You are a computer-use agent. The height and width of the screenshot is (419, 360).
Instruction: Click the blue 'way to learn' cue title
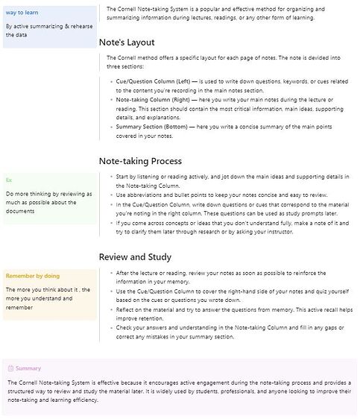[x=22, y=13]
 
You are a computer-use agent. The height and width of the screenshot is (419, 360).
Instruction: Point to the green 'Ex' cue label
[x=9, y=180]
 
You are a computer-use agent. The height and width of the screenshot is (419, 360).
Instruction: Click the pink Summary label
[x=29, y=368]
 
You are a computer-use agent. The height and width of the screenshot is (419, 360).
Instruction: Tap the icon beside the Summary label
[x=10, y=368]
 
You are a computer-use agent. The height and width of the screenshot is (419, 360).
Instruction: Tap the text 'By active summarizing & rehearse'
[x=48, y=26]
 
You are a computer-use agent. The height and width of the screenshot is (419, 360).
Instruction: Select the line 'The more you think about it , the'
[x=48, y=289]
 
